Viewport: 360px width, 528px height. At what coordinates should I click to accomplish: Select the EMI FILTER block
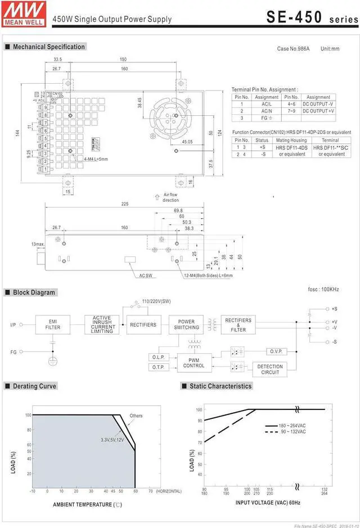tap(53, 324)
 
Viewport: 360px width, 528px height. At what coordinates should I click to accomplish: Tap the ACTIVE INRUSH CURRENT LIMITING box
tap(102, 324)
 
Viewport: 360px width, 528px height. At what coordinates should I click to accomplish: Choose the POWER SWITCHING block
tap(186, 324)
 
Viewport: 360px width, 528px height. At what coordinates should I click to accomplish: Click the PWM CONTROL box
tap(194, 363)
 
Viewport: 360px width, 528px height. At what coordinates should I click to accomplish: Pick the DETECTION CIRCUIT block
tap(270, 369)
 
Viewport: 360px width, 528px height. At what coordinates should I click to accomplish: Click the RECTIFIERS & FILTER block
tap(238, 324)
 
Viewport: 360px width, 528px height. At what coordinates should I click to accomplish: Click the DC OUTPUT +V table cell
tap(318, 111)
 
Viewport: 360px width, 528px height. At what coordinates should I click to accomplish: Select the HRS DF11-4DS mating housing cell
tap(291, 151)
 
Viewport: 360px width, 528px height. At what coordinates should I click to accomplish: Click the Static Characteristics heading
tap(220, 386)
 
